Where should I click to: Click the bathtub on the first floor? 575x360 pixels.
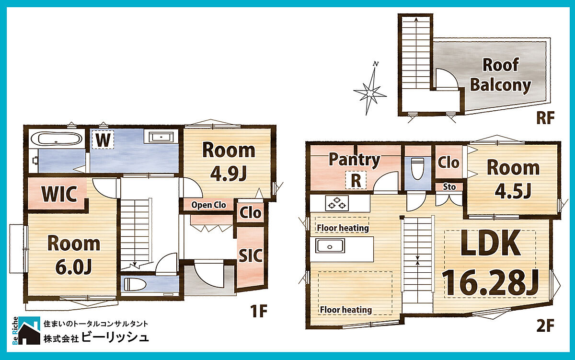pyautogui.click(x=57, y=139)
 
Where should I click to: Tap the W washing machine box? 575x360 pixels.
pyautogui.click(x=103, y=139)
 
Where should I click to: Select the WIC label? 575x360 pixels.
pyautogui.click(x=59, y=194)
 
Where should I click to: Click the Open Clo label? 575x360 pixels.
pyautogui.click(x=208, y=205)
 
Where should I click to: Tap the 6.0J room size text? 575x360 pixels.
pyautogui.click(x=73, y=267)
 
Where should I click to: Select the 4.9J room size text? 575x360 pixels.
pyautogui.click(x=228, y=174)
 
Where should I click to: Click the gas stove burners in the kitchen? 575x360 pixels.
pyautogui.click(x=337, y=203)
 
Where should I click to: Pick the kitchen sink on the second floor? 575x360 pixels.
pyautogui.click(x=330, y=246)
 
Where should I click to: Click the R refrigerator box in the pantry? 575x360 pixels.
pyautogui.click(x=356, y=180)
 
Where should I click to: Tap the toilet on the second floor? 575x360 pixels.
pyautogui.click(x=418, y=168)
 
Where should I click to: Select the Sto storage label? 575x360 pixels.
pyautogui.click(x=449, y=187)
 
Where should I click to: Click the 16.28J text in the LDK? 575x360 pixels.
pyautogui.click(x=490, y=282)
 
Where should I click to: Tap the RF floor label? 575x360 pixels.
pyautogui.click(x=545, y=117)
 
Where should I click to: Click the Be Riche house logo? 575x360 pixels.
pyautogui.click(x=26, y=330)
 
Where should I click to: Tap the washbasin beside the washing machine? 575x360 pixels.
pyautogui.click(x=161, y=137)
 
